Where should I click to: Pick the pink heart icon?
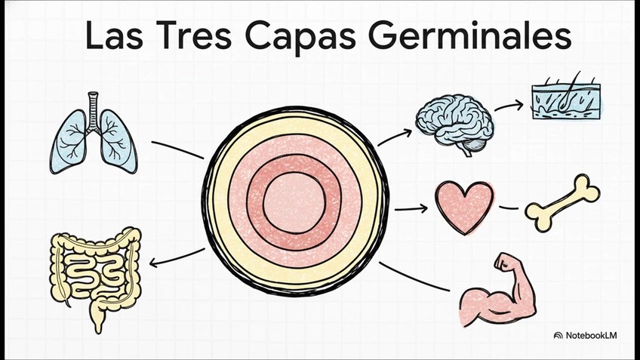click(464, 206)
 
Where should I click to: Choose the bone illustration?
click(563, 202)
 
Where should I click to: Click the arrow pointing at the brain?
click(395, 136)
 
